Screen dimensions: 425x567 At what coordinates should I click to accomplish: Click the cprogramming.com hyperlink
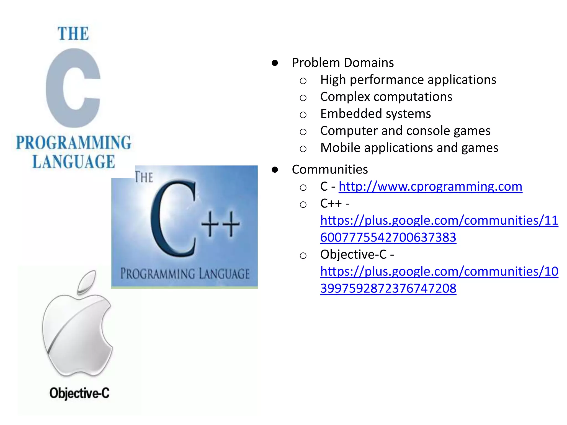pos(430,187)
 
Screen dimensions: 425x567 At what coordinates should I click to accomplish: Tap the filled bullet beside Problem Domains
pos(275,63)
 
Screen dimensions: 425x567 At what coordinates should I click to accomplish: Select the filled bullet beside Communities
pos(275,170)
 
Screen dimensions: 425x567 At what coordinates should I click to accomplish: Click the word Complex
pos(345,97)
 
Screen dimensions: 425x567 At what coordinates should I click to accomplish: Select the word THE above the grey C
pos(73,34)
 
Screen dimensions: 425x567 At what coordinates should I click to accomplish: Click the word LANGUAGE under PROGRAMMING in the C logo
pos(74,162)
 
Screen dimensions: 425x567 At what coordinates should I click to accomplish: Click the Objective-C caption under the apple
pos(79,393)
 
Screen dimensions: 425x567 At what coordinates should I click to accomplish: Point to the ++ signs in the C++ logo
pos(220,224)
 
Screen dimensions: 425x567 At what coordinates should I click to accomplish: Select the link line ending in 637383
pos(388,238)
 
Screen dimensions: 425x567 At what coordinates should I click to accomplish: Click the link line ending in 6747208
pos(388,289)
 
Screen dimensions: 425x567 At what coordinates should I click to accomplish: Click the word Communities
pos(330,170)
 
